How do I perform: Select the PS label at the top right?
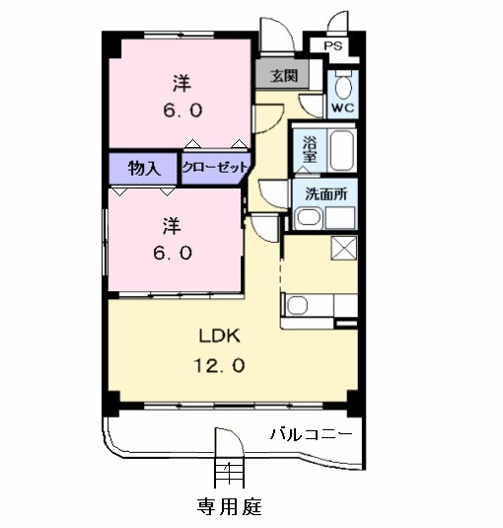[333, 46]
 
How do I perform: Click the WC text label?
[342, 107]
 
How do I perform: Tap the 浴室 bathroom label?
[309, 148]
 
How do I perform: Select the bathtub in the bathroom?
[340, 150]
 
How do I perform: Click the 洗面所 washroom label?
[325, 194]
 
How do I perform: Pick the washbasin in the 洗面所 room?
[309, 219]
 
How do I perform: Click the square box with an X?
[344, 249]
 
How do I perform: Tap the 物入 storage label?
[144, 168]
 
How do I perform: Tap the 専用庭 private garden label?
[229, 507]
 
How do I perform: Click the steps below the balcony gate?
[229, 474]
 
